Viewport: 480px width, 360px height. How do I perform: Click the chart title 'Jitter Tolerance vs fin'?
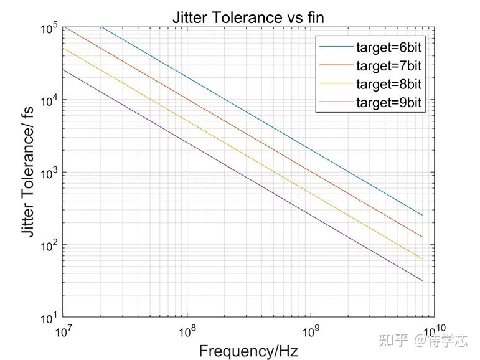248,17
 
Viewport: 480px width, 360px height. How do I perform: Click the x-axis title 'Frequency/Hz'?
248,351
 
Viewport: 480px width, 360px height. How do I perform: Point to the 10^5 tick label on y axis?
48,28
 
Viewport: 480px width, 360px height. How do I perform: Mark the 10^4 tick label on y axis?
48,101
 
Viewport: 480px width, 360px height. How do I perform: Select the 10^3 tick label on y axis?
48,173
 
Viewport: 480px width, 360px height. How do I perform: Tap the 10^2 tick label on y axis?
48,246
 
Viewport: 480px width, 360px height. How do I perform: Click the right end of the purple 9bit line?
422,281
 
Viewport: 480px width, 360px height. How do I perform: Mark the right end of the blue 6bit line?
422,216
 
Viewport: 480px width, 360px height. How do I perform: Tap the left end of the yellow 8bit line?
64,48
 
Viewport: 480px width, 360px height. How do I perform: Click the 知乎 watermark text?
393,340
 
